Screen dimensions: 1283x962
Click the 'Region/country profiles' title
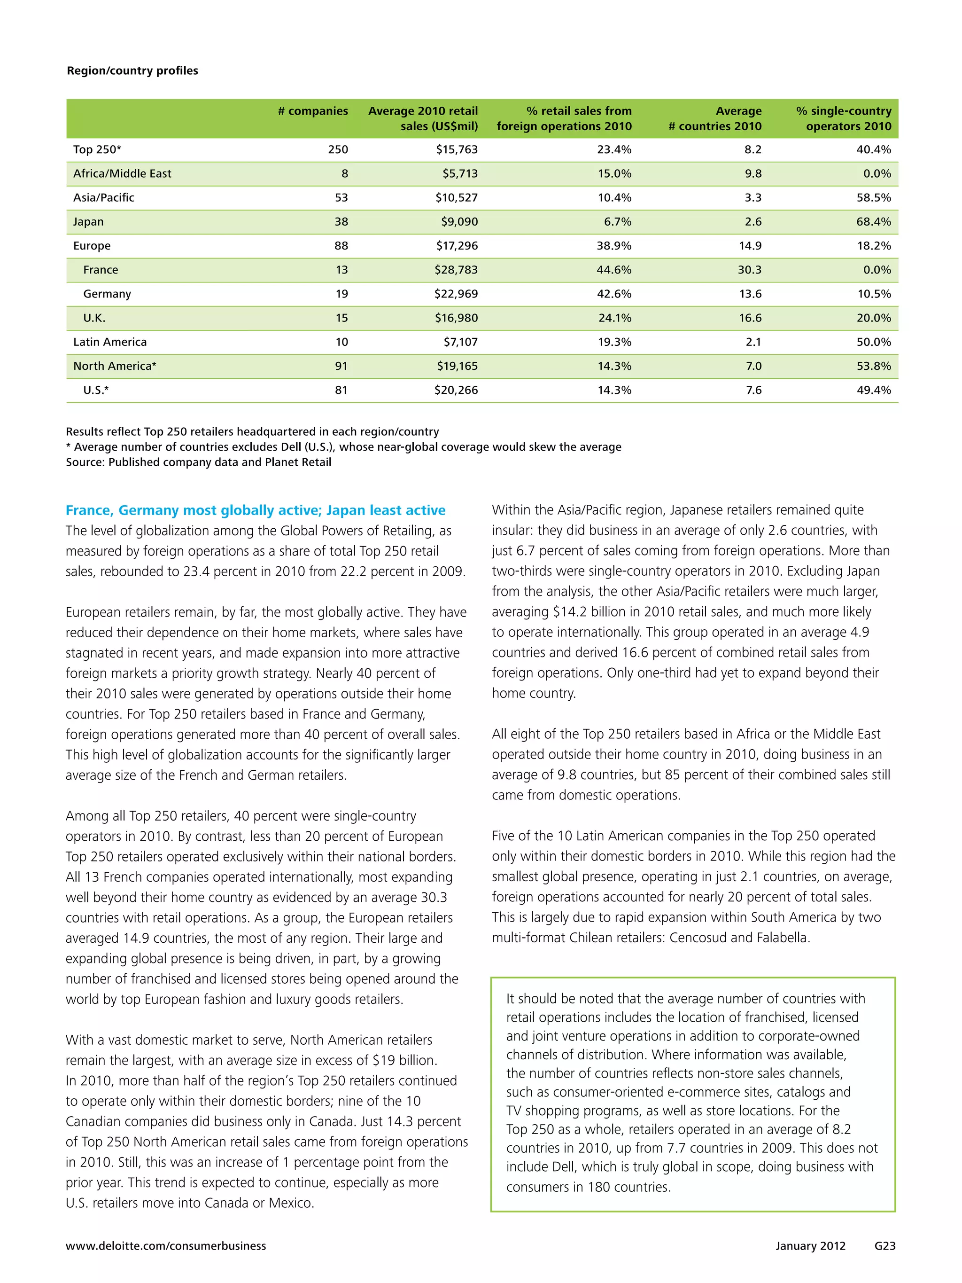click(x=132, y=71)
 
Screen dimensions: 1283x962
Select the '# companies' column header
click(x=313, y=111)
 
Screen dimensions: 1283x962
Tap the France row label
click(x=101, y=270)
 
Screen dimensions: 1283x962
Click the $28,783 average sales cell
click(x=457, y=270)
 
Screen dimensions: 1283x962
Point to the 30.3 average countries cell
click(x=750, y=270)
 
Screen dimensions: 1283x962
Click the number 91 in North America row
click(x=341, y=366)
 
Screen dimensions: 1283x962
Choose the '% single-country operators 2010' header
click(x=844, y=118)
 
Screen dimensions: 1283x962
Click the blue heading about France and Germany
click(x=255, y=510)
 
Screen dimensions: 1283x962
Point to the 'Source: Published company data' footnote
click(x=198, y=462)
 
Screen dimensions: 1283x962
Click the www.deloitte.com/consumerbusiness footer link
click(x=166, y=1246)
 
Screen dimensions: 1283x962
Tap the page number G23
click(x=885, y=1246)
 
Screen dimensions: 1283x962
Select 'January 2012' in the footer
click(x=811, y=1246)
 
